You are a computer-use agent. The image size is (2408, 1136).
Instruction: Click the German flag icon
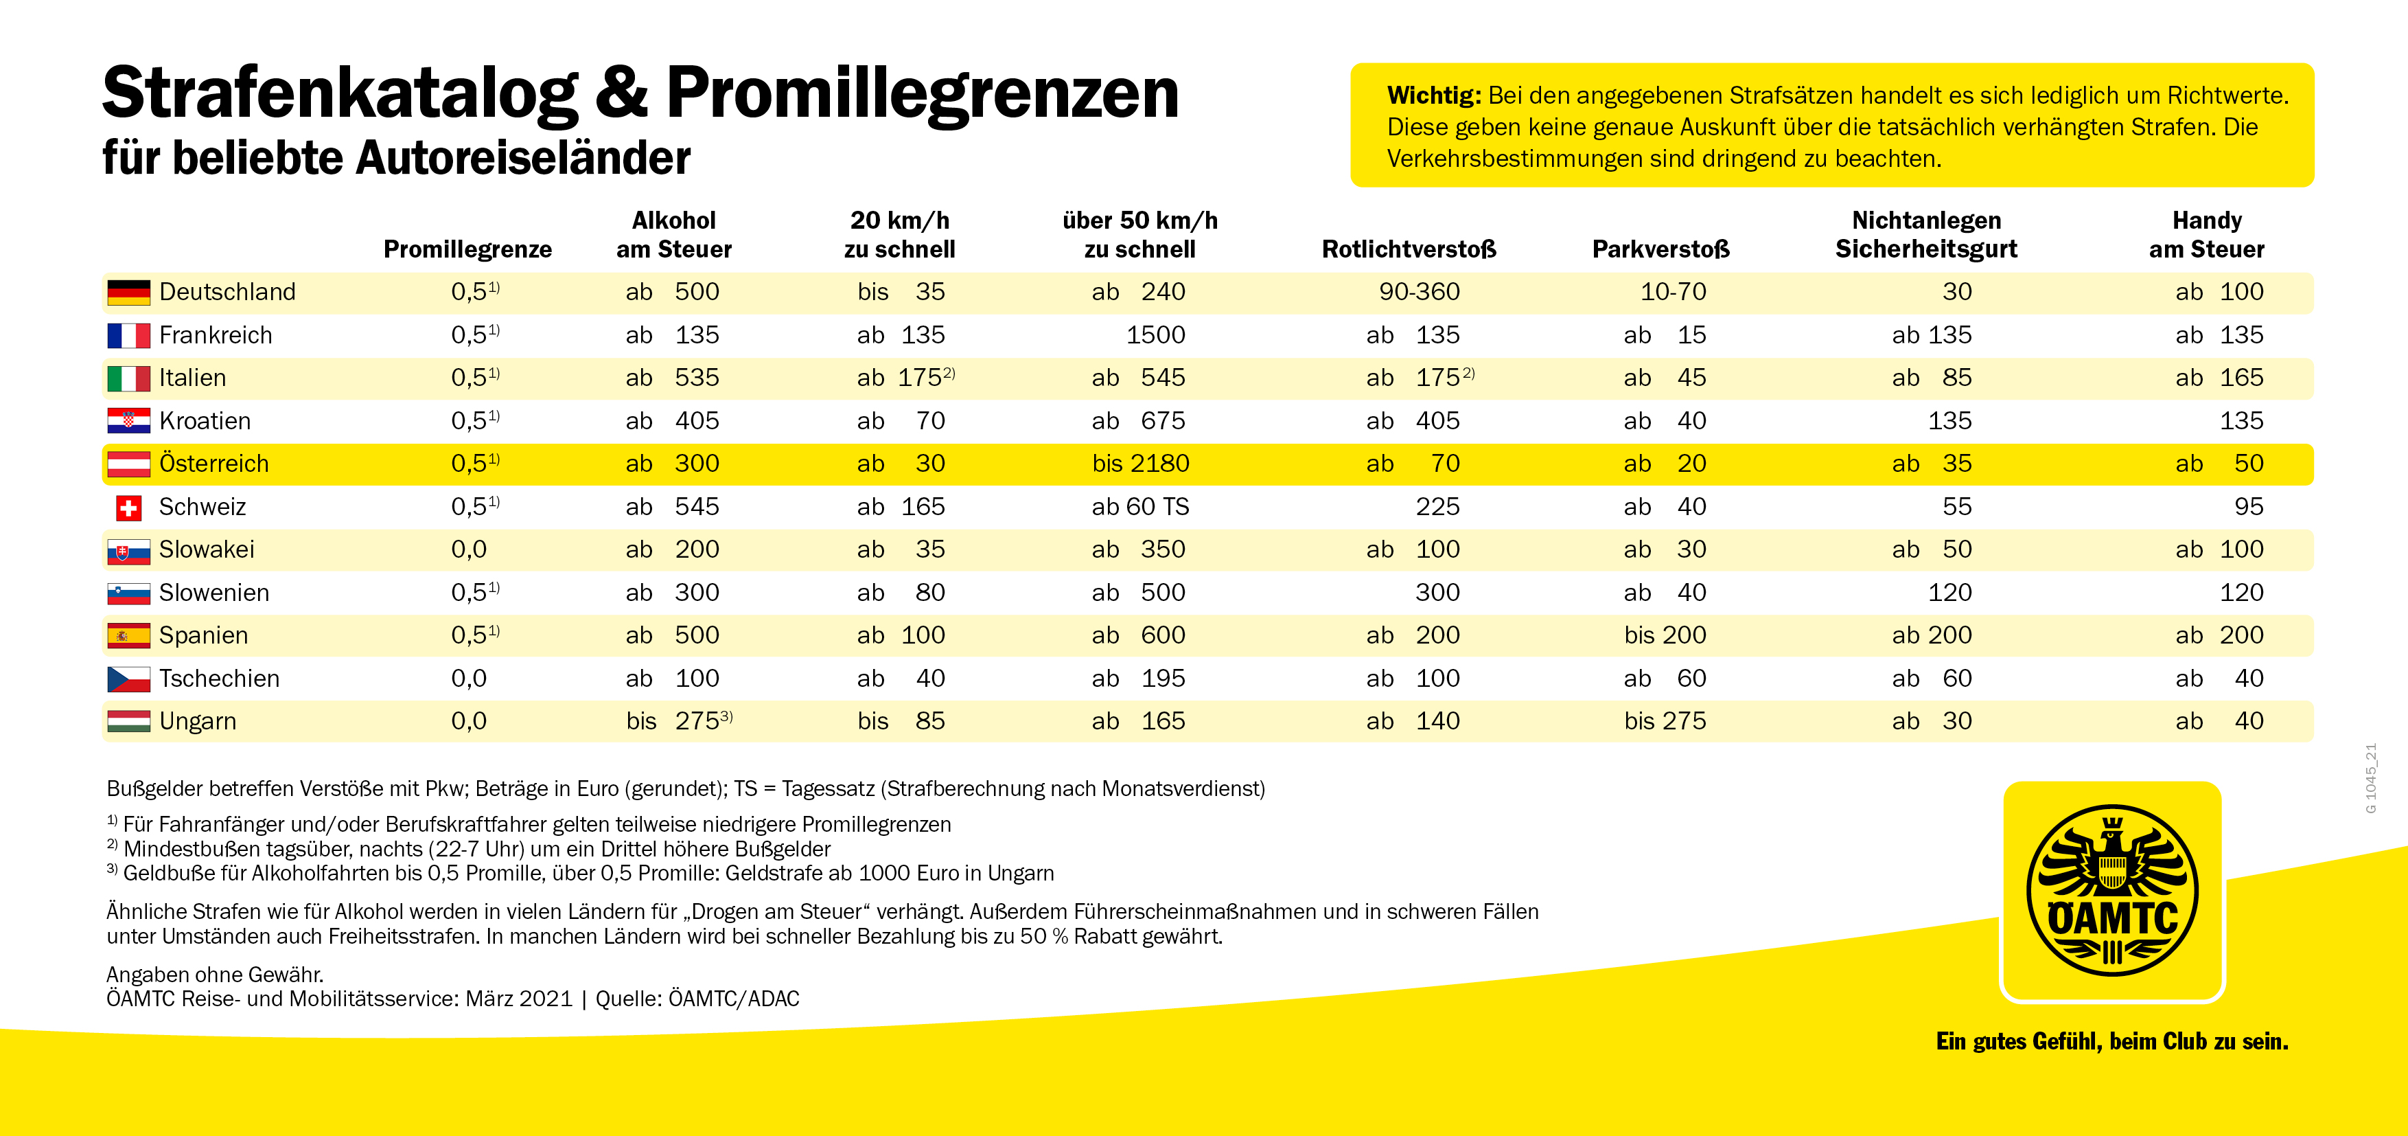coord(128,293)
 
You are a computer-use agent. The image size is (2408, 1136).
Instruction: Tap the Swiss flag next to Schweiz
coord(128,508)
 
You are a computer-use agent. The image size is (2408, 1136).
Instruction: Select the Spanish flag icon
coord(128,636)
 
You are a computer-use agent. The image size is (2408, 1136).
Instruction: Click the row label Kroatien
coord(205,421)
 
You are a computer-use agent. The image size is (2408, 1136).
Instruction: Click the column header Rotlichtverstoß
coord(1409,249)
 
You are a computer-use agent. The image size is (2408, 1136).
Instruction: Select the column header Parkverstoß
coord(1660,249)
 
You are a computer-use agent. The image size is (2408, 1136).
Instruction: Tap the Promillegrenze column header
coord(467,249)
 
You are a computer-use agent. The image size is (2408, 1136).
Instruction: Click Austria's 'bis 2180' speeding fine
coord(1140,464)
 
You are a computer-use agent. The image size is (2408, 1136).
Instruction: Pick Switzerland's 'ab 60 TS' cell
coord(1139,507)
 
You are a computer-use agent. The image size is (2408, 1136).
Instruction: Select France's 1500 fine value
coord(1155,334)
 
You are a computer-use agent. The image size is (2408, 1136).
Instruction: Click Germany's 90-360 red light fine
coord(1419,292)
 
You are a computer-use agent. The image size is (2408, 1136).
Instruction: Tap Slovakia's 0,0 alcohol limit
coord(468,549)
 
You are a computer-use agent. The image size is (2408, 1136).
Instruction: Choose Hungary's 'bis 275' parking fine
coord(1665,721)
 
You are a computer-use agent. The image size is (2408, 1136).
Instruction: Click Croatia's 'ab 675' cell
coord(1139,421)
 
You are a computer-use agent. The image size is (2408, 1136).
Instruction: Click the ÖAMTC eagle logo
coord(2111,890)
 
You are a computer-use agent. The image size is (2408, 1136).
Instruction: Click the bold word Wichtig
coord(1433,95)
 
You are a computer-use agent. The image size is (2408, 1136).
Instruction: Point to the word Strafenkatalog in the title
coord(339,93)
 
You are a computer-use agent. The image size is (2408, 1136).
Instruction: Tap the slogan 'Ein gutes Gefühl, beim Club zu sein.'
coord(2111,1041)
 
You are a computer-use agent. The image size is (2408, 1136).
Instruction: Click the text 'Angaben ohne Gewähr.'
coord(214,974)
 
